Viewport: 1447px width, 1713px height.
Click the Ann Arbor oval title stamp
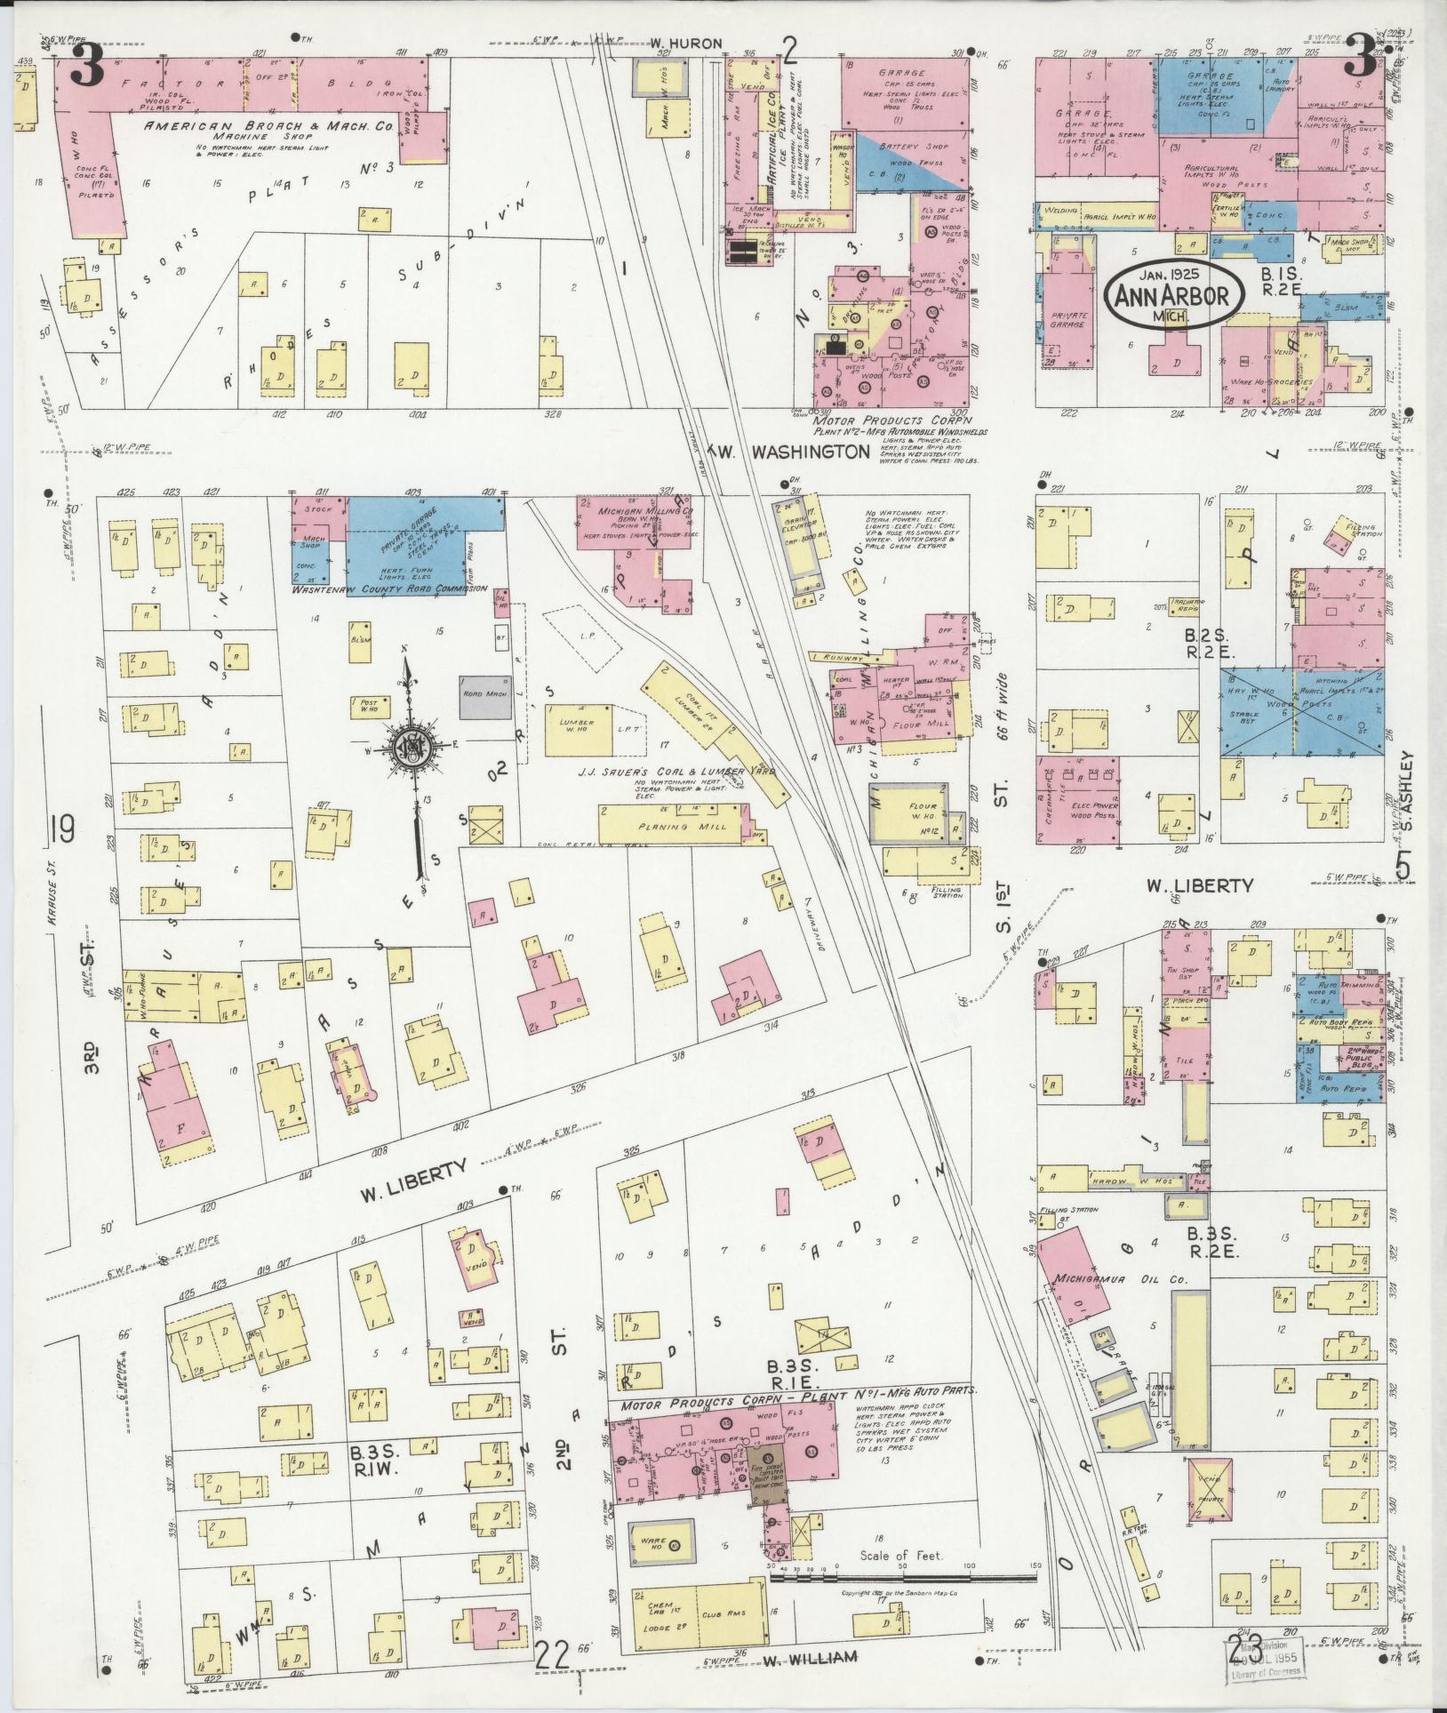tap(1172, 296)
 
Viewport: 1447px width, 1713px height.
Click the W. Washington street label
tap(789, 452)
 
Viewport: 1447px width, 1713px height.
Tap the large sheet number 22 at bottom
tap(553, 1653)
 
